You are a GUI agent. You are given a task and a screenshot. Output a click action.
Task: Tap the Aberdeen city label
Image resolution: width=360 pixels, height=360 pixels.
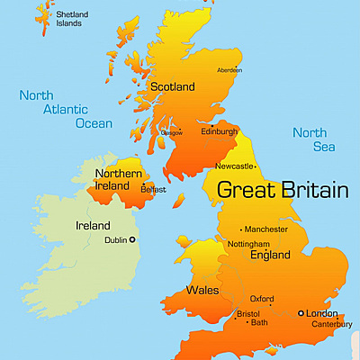click(229, 69)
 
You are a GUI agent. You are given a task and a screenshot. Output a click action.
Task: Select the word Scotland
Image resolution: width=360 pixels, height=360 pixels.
click(173, 87)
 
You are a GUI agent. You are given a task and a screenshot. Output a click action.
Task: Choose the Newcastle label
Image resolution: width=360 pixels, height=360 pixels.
click(235, 166)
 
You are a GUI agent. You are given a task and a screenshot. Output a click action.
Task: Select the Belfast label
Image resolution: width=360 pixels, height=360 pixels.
click(154, 190)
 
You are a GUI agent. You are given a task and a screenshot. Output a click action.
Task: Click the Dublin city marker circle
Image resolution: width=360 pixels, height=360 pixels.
click(132, 239)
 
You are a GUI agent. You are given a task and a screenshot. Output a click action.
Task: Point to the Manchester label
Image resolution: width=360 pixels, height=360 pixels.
click(266, 229)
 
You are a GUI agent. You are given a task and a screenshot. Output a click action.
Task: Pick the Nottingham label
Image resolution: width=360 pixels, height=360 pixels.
click(248, 244)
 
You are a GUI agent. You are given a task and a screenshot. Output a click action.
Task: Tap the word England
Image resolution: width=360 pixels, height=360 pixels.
click(270, 256)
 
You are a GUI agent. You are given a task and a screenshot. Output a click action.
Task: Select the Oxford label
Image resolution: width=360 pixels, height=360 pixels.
click(262, 298)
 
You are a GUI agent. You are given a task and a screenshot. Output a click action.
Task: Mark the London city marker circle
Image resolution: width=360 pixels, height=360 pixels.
click(301, 312)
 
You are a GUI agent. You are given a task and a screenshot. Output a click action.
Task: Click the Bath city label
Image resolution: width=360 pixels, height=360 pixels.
click(259, 322)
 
